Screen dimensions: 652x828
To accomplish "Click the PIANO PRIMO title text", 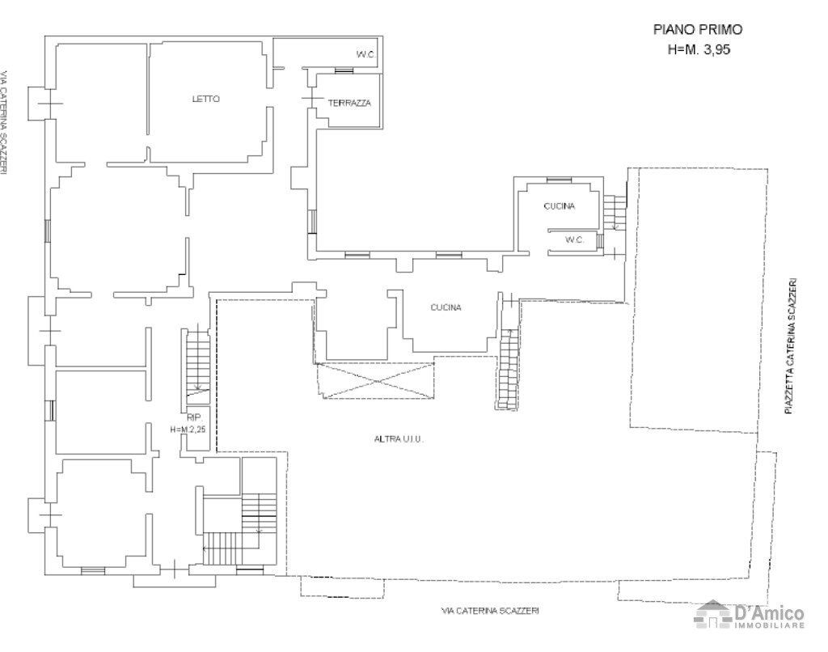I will [x=697, y=29].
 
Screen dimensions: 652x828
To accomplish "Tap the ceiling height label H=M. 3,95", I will [x=697, y=49].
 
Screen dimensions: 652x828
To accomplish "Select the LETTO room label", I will [x=205, y=99].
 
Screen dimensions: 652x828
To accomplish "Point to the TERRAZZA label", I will [x=349, y=104].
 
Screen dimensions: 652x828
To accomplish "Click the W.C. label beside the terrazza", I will [x=365, y=55].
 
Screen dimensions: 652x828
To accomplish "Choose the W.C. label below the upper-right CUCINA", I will [x=574, y=239].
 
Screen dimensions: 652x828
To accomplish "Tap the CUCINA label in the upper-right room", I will [x=559, y=206].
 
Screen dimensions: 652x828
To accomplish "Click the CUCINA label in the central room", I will [x=446, y=307].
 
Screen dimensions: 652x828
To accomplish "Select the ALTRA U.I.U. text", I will [x=399, y=438].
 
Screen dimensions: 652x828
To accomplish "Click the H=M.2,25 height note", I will [x=188, y=430].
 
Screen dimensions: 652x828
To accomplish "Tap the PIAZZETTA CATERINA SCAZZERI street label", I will [x=793, y=346].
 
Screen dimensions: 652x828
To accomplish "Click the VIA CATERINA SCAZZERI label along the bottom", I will [x=490, y=610].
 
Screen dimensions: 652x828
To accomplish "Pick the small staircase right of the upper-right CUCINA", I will [x=617, y=212].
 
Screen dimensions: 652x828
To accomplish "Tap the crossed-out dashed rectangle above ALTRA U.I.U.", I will [x=377, y=381].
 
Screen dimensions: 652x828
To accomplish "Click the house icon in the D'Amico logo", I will [x=713, y=615].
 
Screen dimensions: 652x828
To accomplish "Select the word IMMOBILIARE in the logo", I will [x=769, y=626].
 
